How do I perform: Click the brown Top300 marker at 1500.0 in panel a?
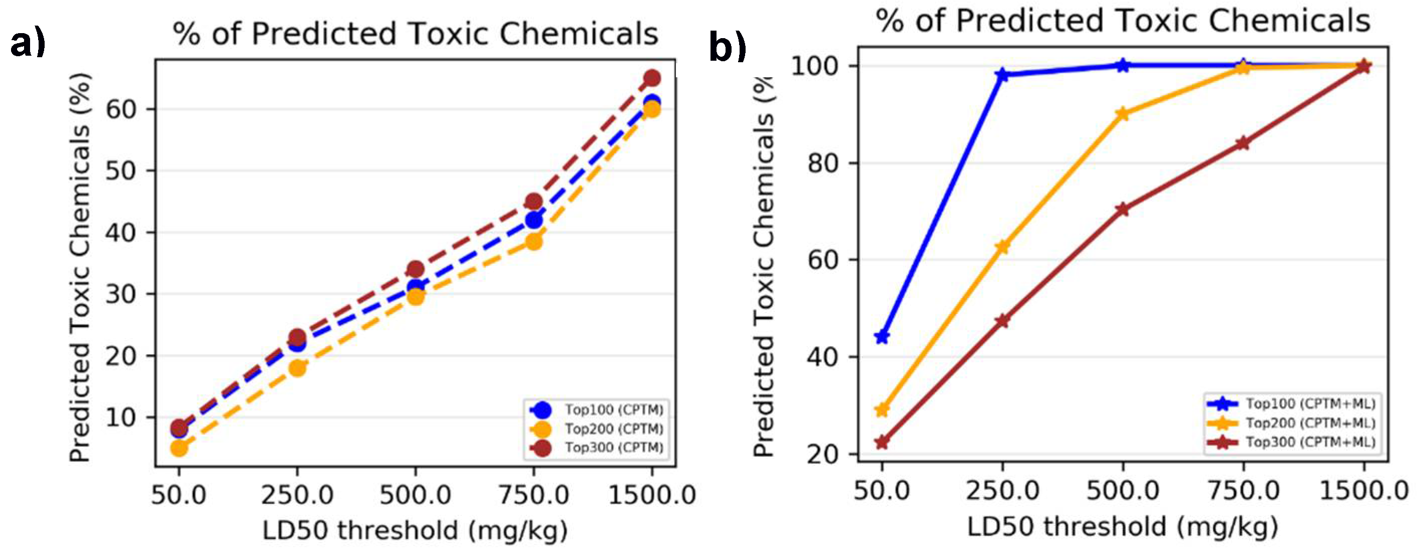click(x=652, y=78)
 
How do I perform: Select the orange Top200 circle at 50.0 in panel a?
click(x=179, y=448)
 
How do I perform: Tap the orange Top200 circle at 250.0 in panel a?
click(x=297, y=367)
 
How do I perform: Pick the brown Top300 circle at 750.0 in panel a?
click(x=534, y=201)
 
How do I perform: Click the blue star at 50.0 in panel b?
click(x=882, y=337)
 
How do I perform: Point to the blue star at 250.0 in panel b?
click(x=1002, y=75)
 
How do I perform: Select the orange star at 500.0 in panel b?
click(x=1123, y=114)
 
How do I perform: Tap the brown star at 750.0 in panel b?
click(x=1243, y=144)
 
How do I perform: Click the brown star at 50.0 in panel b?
click(x=882, y=442)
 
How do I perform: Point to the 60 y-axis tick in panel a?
click(x=121, y=109)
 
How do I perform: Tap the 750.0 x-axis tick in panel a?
click(x=534, y=494)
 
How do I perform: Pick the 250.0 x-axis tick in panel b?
click(x=1002, y=490)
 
